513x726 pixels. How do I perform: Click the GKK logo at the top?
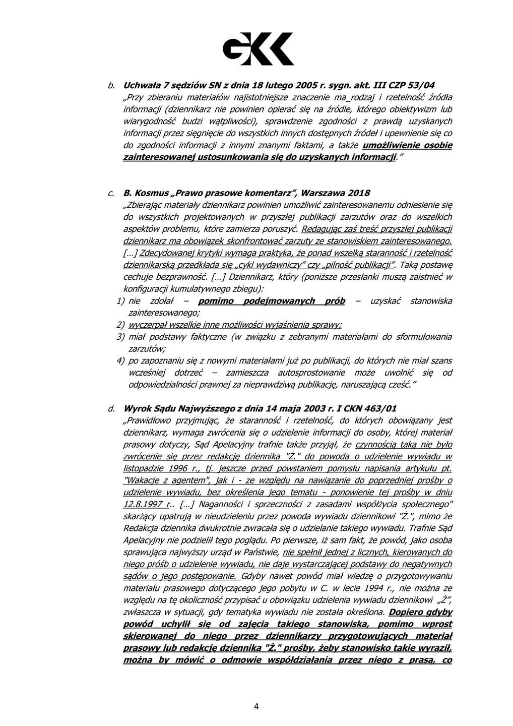(x=258, y=49)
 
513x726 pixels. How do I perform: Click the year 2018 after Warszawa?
(x=359, y=193)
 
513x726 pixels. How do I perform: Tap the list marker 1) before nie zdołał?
(x=120, y=301)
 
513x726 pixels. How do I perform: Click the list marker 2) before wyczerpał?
(x=120, y=325)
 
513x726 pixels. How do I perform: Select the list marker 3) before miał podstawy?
(x=120, y=337)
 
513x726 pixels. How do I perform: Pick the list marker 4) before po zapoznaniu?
(x=120, y=361)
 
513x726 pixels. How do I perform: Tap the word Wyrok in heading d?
(x=136, y=408)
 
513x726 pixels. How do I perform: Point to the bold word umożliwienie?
(x=392, y=145)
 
